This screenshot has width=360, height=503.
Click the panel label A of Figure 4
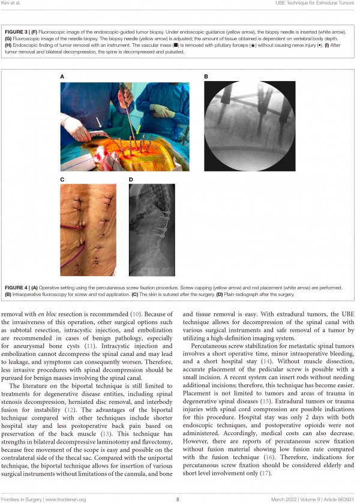pos(62,77)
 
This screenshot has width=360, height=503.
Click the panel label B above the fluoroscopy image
pos(206,77)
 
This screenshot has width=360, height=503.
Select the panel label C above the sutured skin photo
pos(62,179)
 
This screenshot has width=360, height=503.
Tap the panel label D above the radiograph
pos(130,179)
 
